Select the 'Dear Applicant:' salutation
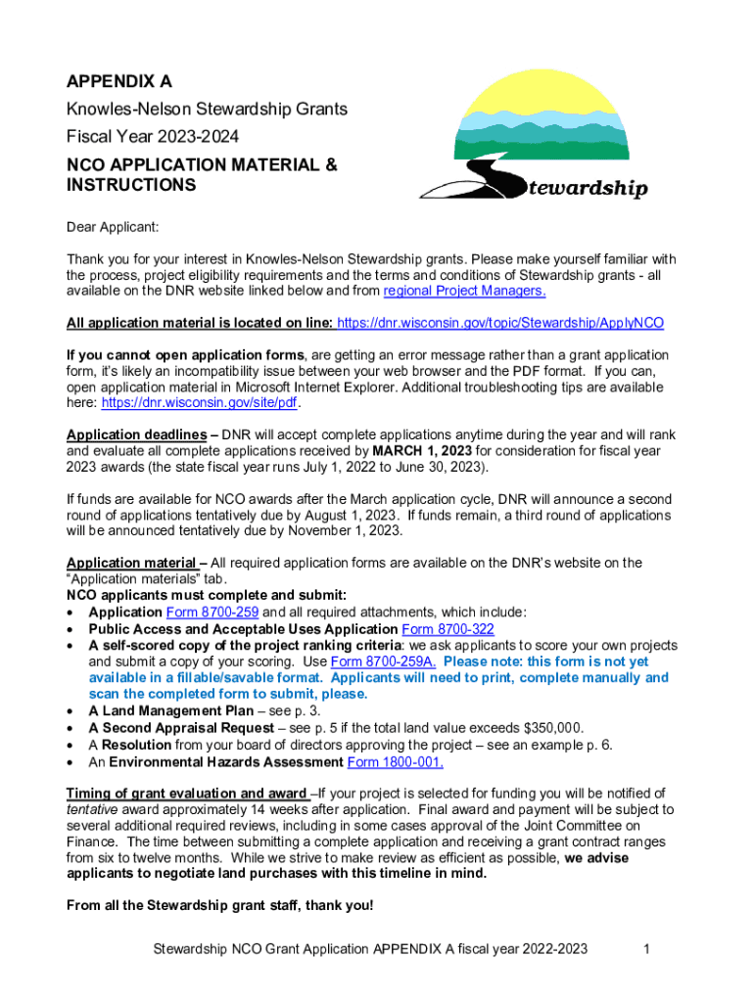[x=112, y=228]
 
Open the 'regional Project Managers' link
[x=464, y=291]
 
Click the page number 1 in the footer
[x=647, y=948]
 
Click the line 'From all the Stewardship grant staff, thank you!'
[x=219, y=905]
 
